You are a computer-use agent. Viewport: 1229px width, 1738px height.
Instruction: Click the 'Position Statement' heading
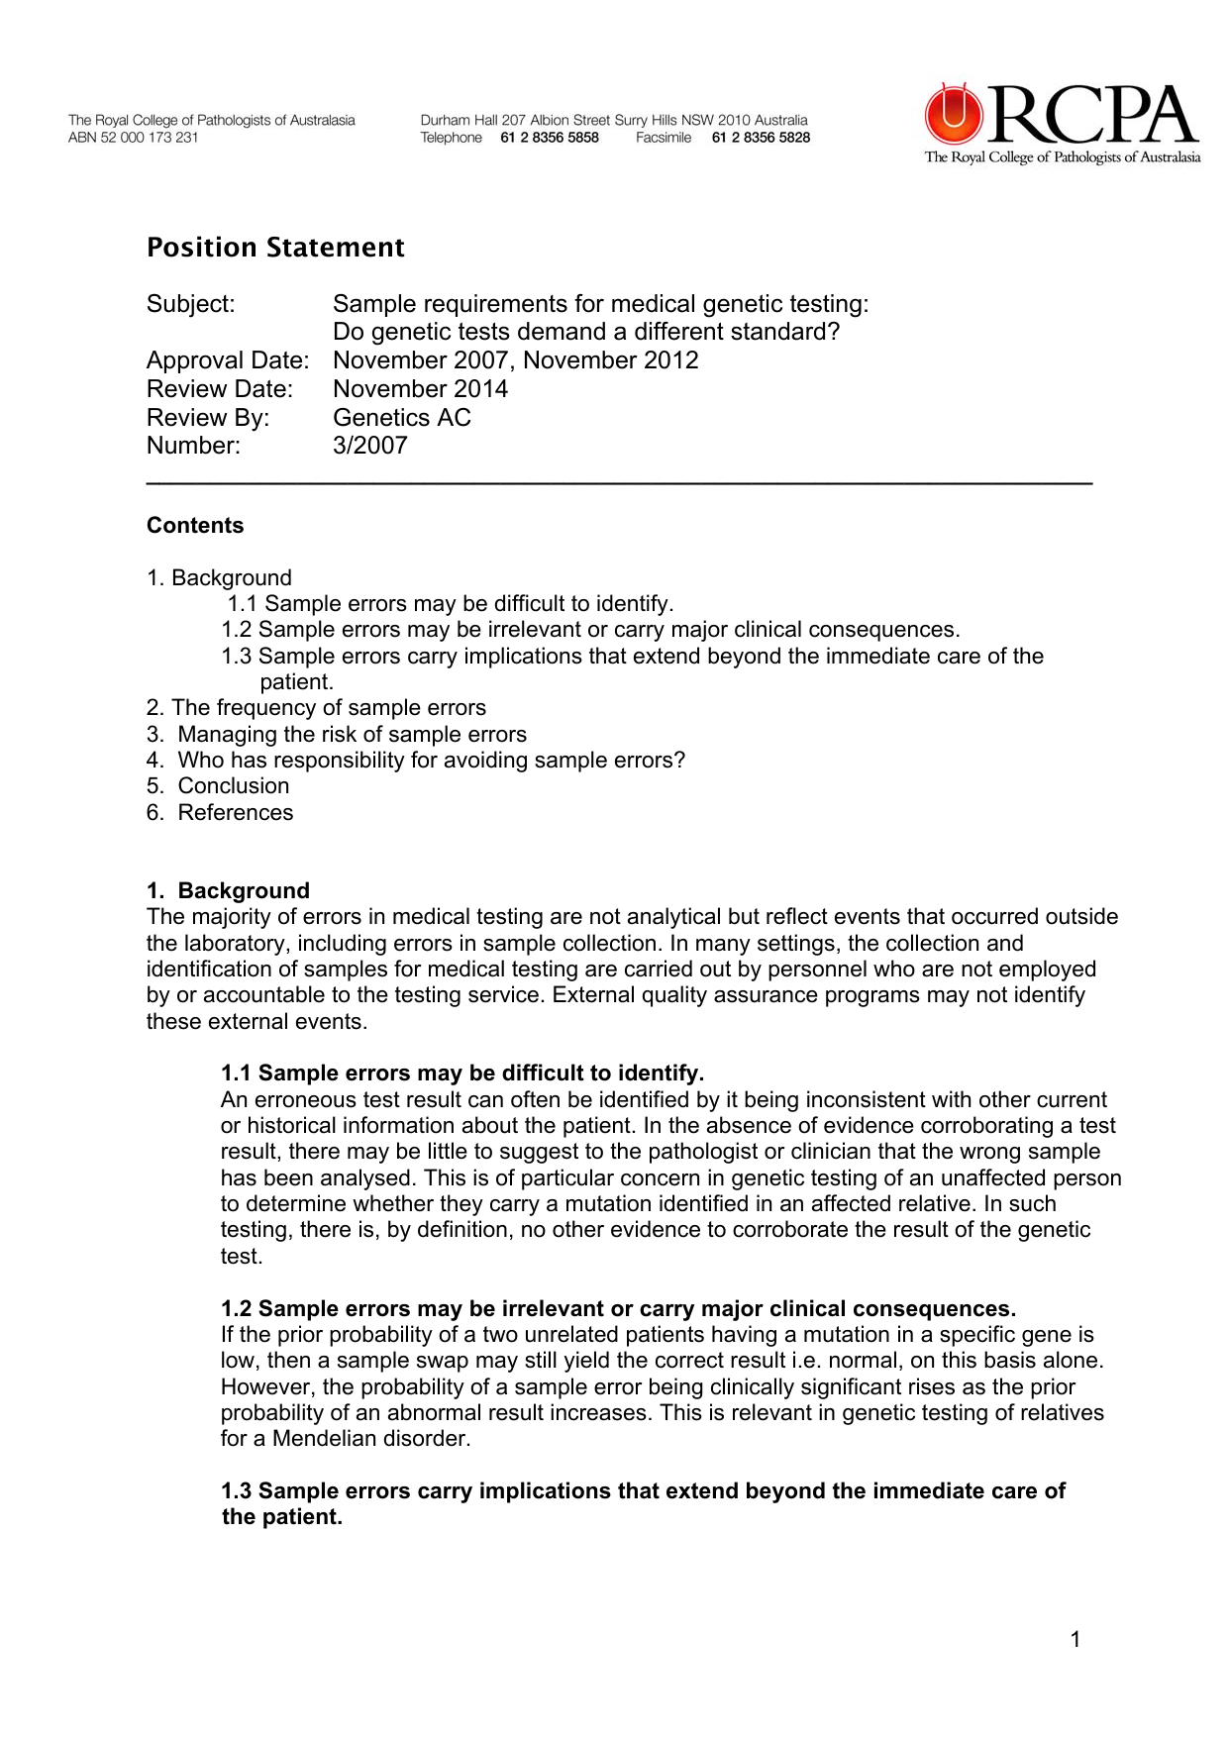click(275, 248)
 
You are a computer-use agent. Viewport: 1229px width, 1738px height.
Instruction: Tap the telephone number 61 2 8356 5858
click(550, 138)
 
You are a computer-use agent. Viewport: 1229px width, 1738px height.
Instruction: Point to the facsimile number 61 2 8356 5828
click(761, 138)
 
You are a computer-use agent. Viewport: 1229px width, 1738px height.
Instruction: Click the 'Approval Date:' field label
click(228, 360)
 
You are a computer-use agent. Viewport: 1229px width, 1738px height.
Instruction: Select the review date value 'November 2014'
click(420, 389)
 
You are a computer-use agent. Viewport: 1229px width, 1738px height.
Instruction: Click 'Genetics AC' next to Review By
click(401, 418)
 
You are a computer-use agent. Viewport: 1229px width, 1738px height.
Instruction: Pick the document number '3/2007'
click(369, 446)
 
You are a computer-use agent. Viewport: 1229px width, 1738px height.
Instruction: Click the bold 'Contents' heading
click(195, 526)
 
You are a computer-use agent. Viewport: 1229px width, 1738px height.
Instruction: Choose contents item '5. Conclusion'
click(219, 786)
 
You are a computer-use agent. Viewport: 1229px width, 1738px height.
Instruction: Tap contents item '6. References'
click(221, 813)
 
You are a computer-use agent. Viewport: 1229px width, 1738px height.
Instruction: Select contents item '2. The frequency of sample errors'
click(316, 708)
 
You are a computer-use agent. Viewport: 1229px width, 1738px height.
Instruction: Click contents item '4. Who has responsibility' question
click(416, 761)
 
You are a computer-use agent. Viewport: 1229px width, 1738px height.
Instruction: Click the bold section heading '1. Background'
click(229, 890)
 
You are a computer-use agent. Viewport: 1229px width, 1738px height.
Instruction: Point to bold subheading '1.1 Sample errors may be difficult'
click(462, 1073)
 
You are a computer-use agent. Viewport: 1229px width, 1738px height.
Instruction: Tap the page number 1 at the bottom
click(1075, 1640)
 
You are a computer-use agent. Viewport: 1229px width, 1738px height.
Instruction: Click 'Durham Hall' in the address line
click(459, 121)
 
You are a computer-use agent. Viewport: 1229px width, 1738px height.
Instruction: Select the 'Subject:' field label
click(191, 304)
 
